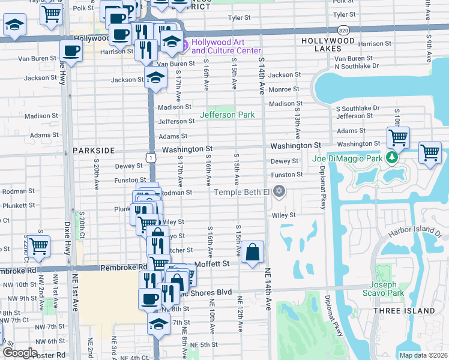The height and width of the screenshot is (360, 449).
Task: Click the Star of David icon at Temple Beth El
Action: tap(278, 192)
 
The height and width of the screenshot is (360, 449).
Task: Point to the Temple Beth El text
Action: tap(243, 192)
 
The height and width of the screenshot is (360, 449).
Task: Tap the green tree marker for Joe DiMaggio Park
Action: tap(392, 158)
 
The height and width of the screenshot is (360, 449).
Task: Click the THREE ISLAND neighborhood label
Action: tap(403, 311)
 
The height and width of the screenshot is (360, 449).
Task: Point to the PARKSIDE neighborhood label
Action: tap(93, 150)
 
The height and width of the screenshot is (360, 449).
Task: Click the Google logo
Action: tap(19, 353)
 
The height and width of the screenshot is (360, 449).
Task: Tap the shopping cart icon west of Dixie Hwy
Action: tap(38, 246)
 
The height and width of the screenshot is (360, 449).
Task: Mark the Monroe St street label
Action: tap(285, 89)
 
